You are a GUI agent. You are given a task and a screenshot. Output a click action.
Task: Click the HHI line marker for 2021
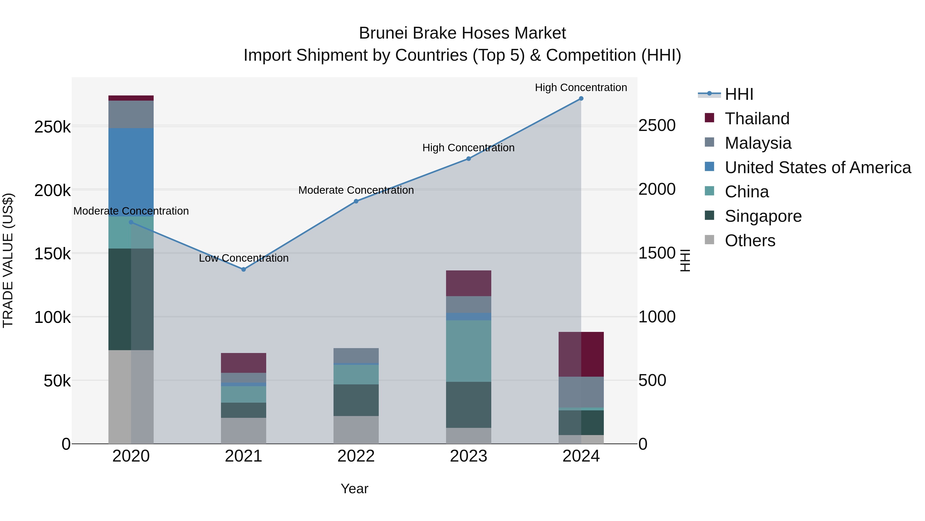244,269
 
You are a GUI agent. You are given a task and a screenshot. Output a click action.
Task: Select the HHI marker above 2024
581,99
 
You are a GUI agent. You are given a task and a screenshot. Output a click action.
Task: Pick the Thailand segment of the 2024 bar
581,354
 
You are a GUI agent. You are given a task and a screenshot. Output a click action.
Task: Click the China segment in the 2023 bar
469,351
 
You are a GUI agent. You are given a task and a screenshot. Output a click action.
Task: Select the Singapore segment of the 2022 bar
356,400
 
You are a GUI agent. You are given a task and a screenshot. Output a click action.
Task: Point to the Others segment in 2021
244,430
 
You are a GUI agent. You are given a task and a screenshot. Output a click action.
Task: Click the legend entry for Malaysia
758,143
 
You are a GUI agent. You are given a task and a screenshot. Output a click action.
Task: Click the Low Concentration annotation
244,258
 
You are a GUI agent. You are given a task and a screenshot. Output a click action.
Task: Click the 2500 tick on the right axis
657,126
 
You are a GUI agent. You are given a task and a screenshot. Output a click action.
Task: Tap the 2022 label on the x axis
356,456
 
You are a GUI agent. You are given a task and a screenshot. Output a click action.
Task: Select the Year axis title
354,489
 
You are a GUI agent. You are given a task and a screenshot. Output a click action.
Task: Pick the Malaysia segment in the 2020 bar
131,114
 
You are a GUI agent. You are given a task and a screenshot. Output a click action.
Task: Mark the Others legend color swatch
709,240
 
